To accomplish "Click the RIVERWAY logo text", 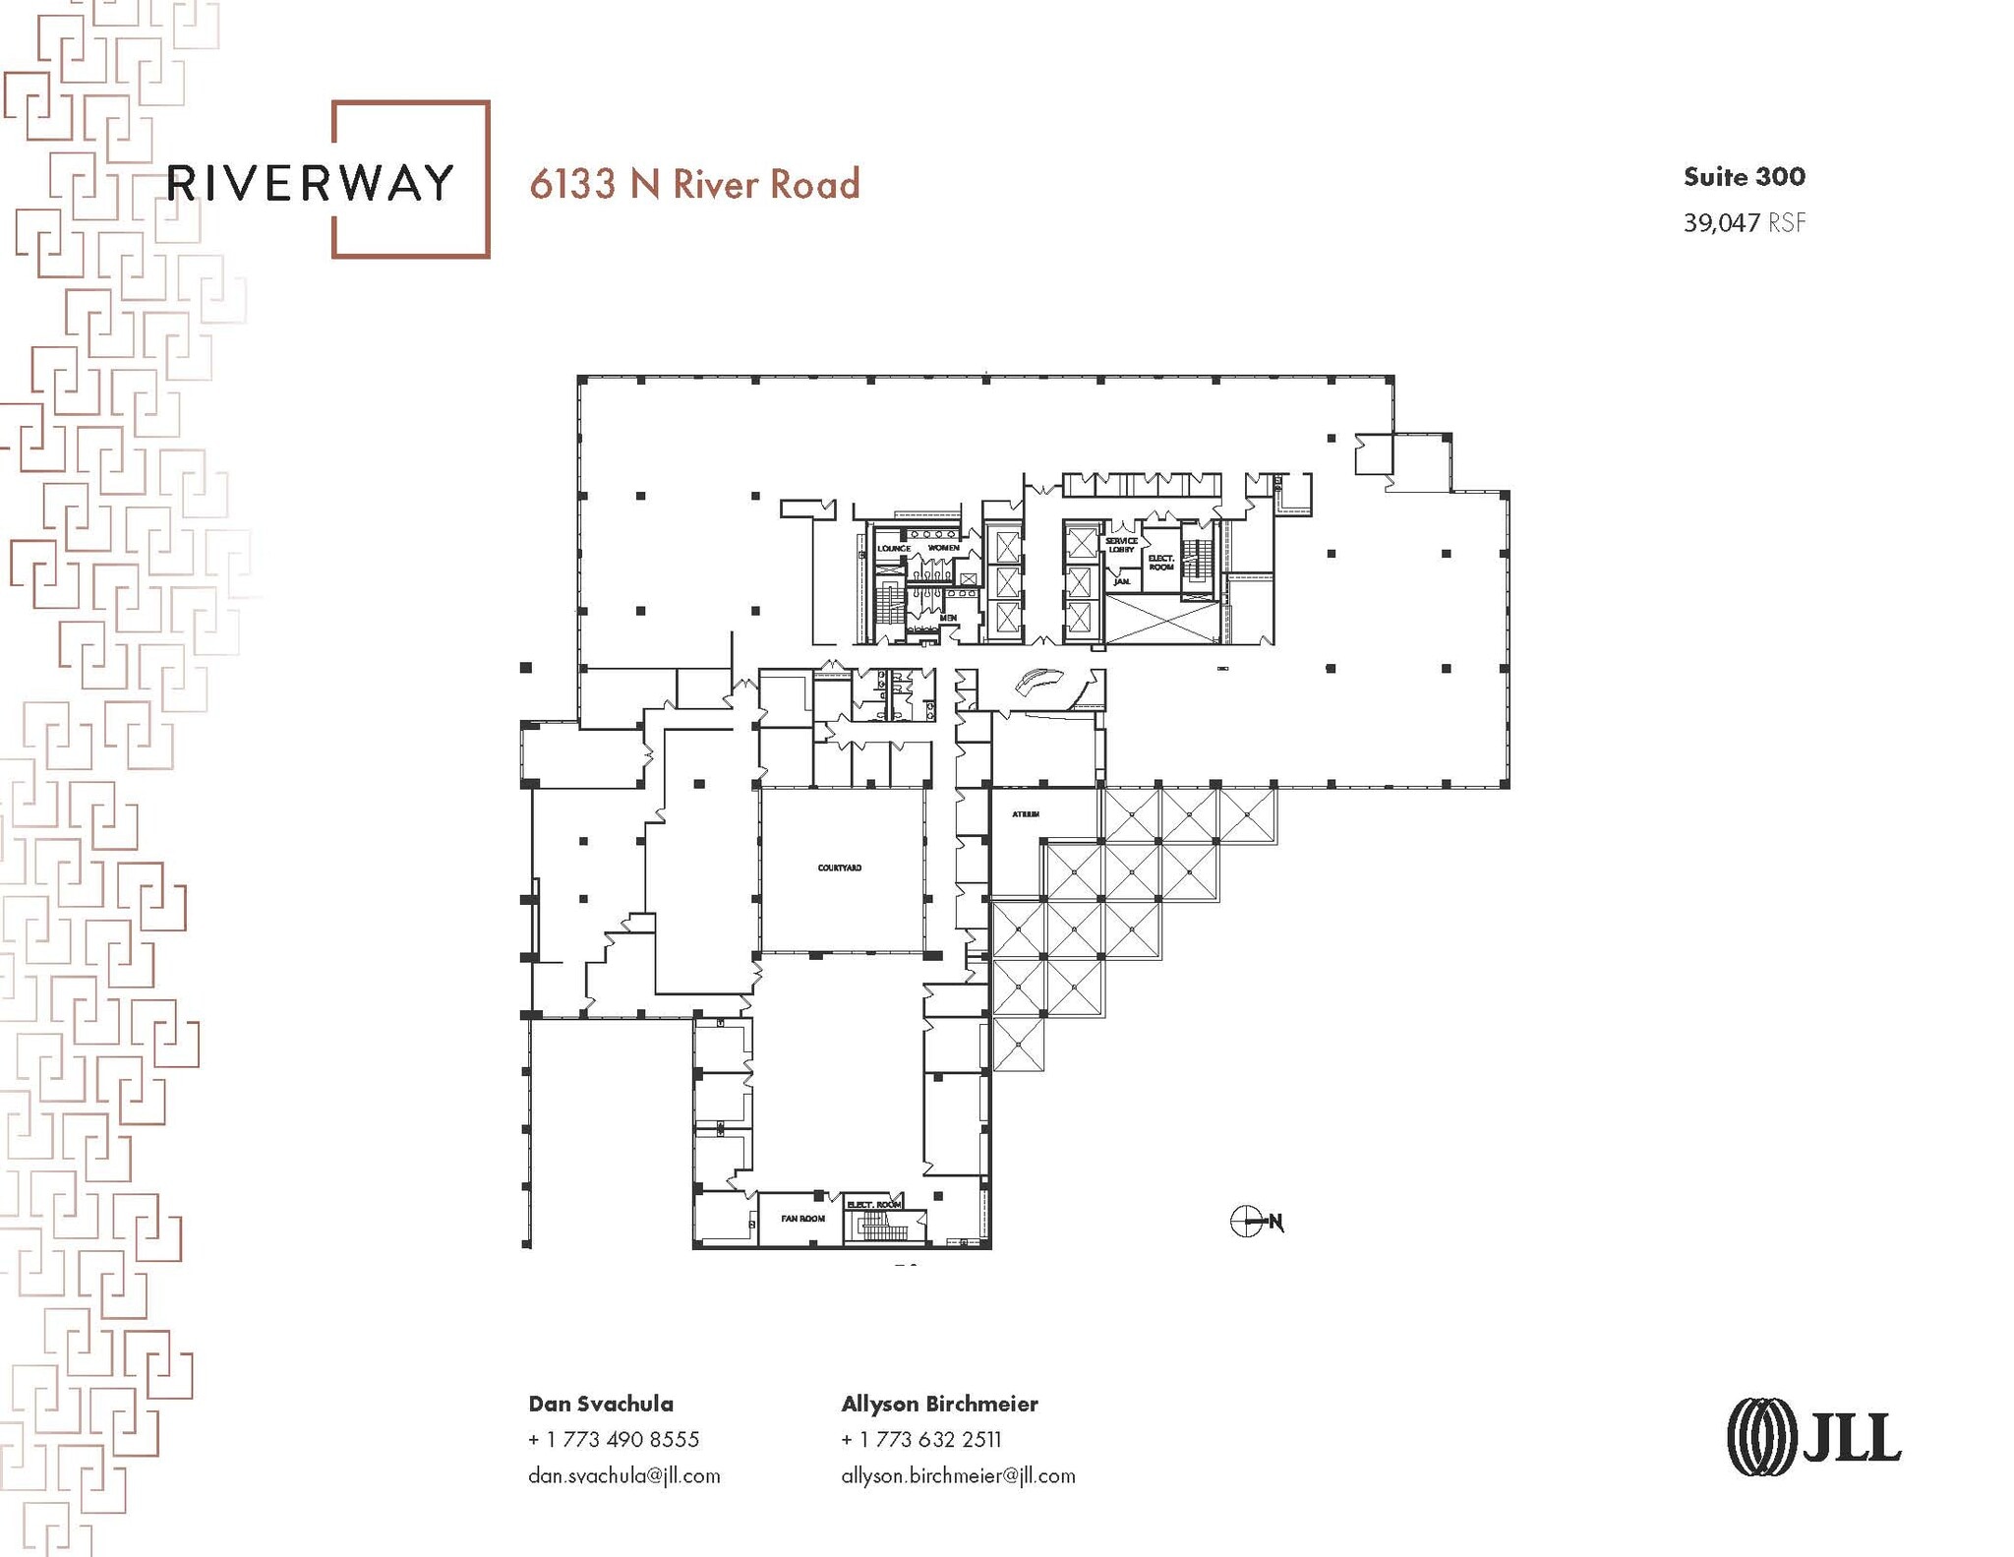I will click(x=311, y=183).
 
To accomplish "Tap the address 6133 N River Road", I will click(x=694, y=184).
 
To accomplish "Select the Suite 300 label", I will click(x=1744, y=177).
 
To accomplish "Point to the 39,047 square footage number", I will click(x=1721, y=223).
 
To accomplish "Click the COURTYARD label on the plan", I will click(x=840, y=868).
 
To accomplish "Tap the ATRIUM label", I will click(x=1026, y=814).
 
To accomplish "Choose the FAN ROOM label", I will click(x=803, y=1219).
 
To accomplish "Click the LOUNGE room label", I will click(x=894, y=548).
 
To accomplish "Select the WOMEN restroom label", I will click(x=943, y=547).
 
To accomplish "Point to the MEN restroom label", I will click(x=948, y=618).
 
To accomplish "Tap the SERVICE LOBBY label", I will click(x=1121, y=545).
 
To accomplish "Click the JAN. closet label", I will click(x=1121, y=582).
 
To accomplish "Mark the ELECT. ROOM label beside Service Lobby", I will click(x=1161, y=563).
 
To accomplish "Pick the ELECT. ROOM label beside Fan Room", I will click(x=874, y=1205).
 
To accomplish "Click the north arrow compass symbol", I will click(x=1247, y=1222).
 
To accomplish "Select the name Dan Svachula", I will click(x=601, y=1404).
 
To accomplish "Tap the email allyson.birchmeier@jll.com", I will click(x=958, y=1475).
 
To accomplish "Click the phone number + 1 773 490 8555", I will click(x=614, y=1440).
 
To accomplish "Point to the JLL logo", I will click(x=1813, y=1437).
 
